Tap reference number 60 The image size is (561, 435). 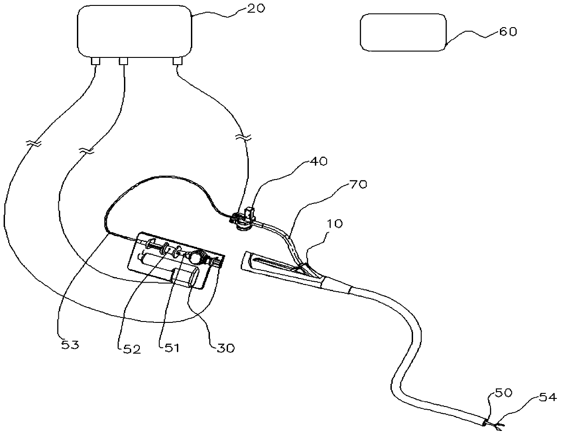click(507, 32)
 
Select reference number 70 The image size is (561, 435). click(359, 185)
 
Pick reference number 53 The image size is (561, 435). click(70, 345)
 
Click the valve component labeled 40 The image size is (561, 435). click(245, 218)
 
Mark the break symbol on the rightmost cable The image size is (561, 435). click(245, 136)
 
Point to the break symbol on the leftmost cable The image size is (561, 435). click(33, 143)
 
